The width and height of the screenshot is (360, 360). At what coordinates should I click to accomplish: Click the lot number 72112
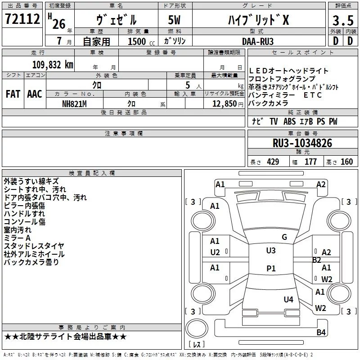point(22,19)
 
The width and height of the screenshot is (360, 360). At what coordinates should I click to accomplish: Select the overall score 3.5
point(343,21)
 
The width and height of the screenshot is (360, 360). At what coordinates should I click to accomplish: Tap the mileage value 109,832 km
point(53,65)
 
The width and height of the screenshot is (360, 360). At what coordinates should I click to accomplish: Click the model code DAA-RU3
point(258,41)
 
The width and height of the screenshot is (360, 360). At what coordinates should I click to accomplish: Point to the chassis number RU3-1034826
point(302,143)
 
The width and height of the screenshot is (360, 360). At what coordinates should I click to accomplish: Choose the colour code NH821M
point(74,104)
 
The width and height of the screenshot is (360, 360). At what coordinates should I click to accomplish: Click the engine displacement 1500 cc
point(141,41)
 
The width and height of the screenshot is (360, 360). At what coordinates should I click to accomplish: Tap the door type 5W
point(174,20)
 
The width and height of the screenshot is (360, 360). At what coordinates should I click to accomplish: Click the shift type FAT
point(13,94)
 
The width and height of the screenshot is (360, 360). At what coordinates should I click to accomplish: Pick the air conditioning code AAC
point(35,94)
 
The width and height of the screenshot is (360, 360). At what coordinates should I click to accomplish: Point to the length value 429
point(273,162)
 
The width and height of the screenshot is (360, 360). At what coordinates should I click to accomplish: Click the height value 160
point(346,162)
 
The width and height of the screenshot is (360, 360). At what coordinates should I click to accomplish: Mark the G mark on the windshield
point(284,237)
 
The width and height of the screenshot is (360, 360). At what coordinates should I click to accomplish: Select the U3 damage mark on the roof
point(271,251)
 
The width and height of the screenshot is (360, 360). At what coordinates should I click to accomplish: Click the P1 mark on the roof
point(271,268)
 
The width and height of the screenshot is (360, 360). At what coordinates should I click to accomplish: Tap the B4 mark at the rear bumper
point(321,332)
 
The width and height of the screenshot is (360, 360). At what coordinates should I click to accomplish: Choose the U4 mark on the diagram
point(288,299)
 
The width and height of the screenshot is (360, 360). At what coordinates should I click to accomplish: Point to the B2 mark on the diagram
point(317,260)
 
